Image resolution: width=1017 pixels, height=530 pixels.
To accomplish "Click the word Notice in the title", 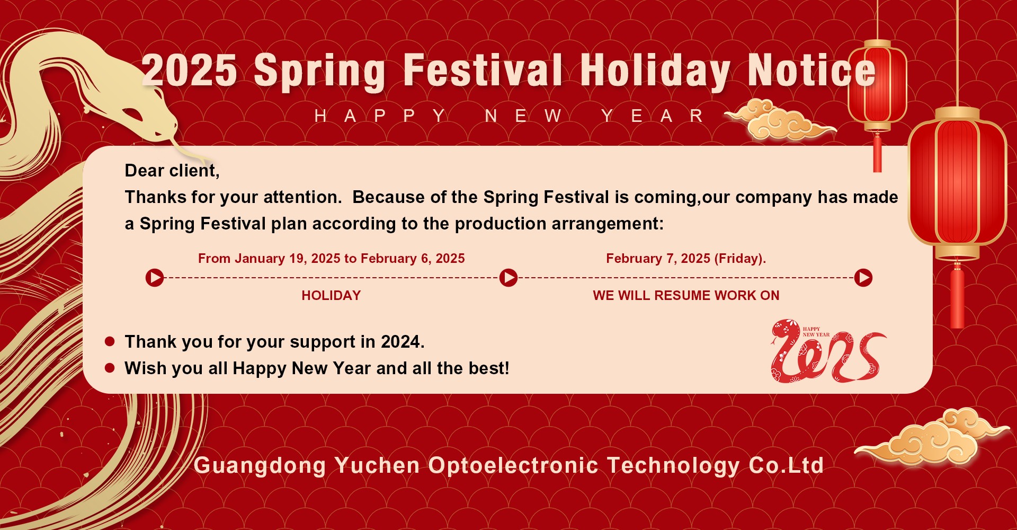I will point(811,71).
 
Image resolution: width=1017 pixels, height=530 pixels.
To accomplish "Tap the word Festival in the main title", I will point(482,71).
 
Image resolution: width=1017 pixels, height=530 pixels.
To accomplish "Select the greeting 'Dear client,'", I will point(172,171).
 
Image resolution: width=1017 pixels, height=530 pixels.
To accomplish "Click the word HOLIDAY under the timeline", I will point(331,296).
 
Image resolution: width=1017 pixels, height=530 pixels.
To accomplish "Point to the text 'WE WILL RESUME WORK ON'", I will point(686,296).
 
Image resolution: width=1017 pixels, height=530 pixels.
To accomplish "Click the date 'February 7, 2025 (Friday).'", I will point(686,259).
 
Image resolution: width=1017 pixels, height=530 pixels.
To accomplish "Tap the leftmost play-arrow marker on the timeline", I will point(155,277).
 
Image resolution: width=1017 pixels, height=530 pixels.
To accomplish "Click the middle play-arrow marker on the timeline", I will point(508,277).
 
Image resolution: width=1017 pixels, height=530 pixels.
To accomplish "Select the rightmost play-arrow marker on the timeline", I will point(863,277).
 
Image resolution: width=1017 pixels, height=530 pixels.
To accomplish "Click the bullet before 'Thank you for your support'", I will point(110,342).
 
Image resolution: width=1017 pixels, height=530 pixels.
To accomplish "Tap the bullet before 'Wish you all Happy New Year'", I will point(110,368).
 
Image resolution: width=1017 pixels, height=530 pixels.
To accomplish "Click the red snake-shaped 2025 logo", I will point(826,352).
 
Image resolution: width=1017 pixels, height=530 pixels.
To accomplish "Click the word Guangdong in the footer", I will point(260,465).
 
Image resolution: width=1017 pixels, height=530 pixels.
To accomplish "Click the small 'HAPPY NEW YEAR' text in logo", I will point(816,332).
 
